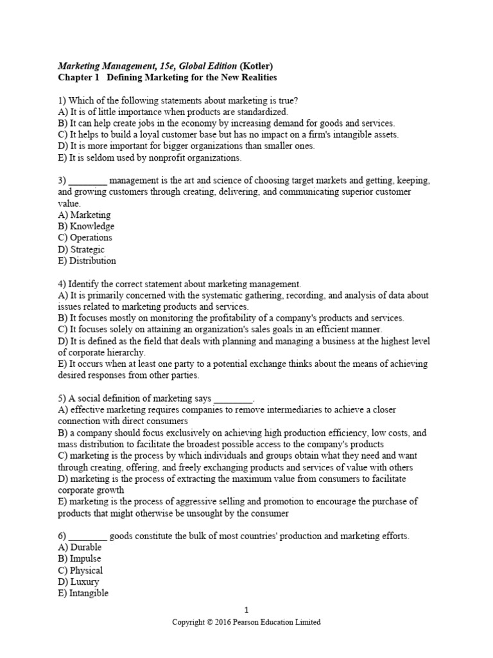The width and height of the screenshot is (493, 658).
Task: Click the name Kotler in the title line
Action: click(x=260, y=66)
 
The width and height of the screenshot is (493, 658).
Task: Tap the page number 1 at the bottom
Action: click(x=246, y=609)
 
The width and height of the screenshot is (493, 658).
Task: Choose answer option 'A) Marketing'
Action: click(x=84, y=215)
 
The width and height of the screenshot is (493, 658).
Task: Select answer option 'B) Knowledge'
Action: click(x=86, y=226)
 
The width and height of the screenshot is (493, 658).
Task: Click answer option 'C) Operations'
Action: click(x=85, y=238)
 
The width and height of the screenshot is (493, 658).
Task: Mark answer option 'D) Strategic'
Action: click(x=81, y=249)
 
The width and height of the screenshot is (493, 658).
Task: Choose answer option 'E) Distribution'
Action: click(x=87, y=261)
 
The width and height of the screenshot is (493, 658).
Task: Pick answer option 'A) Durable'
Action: click(x=80, y=547)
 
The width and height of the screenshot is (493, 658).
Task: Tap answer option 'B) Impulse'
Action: click(x=80, y=559)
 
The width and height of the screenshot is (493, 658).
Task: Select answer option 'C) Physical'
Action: click(x=80, y=571)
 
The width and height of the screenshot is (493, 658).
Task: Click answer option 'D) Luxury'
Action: click(x=78, y=582)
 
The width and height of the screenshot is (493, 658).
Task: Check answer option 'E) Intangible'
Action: click(x=83, y=594)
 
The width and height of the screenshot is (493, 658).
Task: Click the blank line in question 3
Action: click(x=87, y=182)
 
